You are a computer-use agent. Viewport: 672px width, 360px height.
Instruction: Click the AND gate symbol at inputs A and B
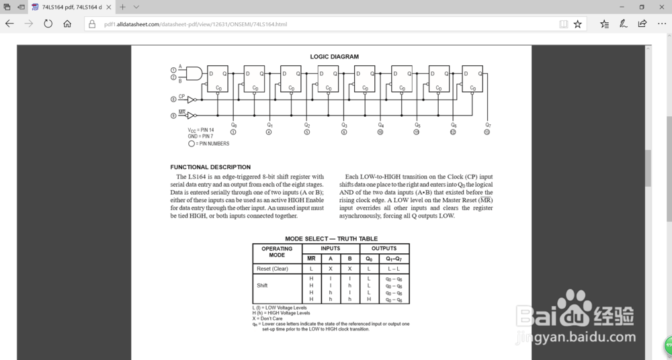tap(194, 73)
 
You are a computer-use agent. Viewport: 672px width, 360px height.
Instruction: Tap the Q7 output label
tap(488, 125)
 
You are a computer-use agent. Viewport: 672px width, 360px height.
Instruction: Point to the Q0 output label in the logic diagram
tap(233, 125)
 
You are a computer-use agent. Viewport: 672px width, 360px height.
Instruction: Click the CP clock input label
tap(181, 97)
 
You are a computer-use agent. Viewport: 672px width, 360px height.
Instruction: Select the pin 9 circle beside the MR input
tap(173, 116)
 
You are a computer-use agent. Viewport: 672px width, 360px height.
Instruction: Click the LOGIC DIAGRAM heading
tap(334, 56)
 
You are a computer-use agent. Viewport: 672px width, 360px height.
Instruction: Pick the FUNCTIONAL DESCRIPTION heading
tap(210, 167)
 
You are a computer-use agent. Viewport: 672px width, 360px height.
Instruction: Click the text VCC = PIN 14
tap(201, 130)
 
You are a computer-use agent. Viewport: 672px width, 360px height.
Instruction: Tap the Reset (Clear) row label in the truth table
tap(272, 269)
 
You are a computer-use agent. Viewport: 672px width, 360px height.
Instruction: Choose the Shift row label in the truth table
tap(262, 285)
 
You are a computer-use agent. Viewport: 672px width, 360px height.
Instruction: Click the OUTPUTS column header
tap(384, 249)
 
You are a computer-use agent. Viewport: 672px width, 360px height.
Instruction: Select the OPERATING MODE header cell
tap(277, 252)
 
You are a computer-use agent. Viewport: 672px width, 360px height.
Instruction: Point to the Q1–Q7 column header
tap(393, 259)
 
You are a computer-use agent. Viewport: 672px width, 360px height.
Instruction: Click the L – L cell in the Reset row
tap(393, 269)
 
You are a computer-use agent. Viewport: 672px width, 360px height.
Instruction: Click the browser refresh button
tap(48, 24)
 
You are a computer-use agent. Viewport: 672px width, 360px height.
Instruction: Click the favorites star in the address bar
tap(577, 24)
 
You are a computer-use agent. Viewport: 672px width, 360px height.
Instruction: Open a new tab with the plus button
tap(122, 7)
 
